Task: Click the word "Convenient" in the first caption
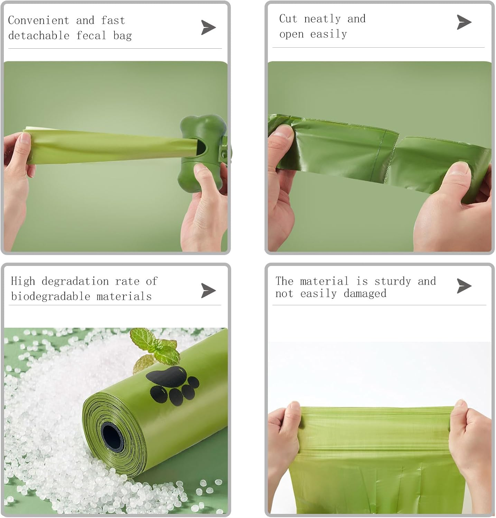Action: pyautogui.click(x=38, y=21)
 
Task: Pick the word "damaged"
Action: pyautogui.click(x=365, y=294)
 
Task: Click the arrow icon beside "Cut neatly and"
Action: pyautogui.click(x=464, y=22)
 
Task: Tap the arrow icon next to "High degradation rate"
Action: pyautogui.click(x=208, y=290)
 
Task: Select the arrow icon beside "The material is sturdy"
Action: pyautogui.click(x=464, y=286)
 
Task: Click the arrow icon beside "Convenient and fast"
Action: pyautogui.click(x=208, y=28)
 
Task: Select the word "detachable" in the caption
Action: pyautogui.click(x=39, y=36)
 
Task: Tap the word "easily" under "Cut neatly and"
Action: pyautogui.click(x=328, y=34)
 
